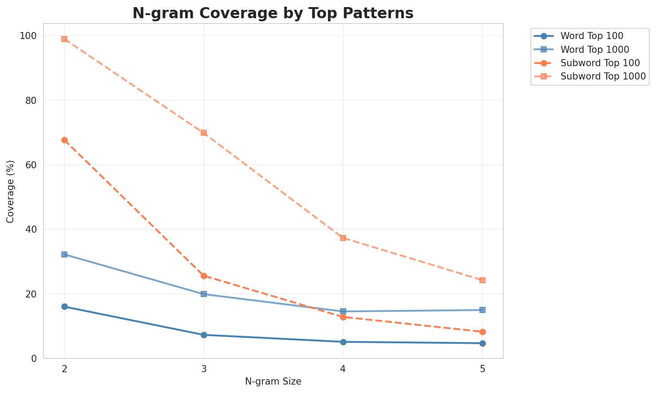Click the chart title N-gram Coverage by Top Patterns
(x=273, y=13)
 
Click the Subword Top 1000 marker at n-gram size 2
(x=64, y=39)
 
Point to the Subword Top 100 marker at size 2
(x=64, y=140)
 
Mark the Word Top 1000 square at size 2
(x=64, y=254)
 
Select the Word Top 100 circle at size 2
(x=64, y=307)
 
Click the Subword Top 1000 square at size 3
(x=204, y=133)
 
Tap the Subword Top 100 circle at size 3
(x=204, y=276)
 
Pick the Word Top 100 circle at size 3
(x=204, y=335)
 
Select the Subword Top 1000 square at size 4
(x=343, y=238)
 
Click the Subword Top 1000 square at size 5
(x=482, y=280)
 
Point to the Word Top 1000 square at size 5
(x=482, y=310)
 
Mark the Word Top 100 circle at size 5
(x=482, y=343)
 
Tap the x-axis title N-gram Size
(x=273, y=381)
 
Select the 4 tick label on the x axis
(x=343, y=369)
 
